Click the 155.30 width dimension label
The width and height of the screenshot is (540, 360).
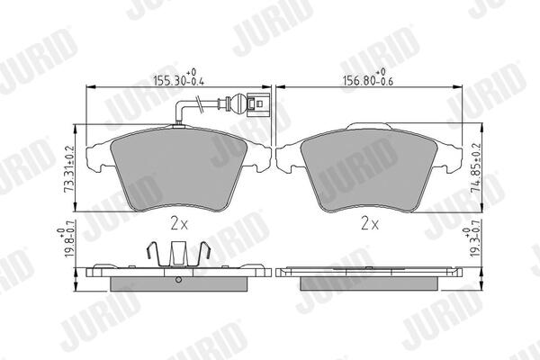[179, 78]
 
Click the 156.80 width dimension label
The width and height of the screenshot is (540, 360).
[368, 78]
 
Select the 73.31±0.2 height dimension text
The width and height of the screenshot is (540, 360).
[69, 169]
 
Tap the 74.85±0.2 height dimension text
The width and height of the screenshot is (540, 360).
[477, 168]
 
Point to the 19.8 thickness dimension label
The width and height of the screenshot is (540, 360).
[66, 242]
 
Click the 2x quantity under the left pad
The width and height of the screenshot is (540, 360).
[179, 224]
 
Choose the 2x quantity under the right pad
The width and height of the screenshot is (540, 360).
[370, 224]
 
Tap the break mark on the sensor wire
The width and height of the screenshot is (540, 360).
[198, 103]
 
